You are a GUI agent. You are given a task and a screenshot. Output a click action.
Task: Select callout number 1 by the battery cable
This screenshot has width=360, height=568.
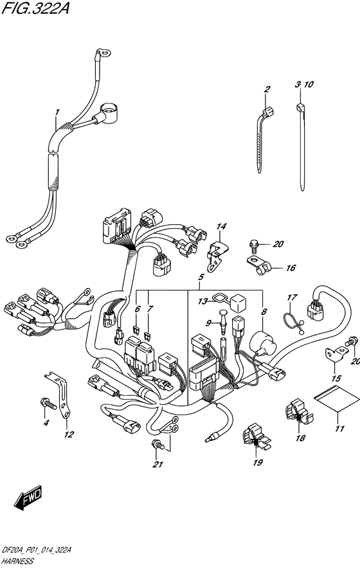pos(57,112)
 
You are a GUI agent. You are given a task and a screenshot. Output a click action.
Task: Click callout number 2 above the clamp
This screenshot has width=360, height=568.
pos(267,89)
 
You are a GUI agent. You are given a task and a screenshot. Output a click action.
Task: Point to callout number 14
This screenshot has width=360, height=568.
pos(221,227)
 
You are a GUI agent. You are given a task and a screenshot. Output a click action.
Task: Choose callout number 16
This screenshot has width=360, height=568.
pos(291,268)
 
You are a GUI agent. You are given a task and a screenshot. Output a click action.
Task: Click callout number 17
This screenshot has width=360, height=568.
pos(292,297)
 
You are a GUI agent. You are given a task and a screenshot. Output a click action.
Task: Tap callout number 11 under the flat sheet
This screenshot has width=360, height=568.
pos(339,429)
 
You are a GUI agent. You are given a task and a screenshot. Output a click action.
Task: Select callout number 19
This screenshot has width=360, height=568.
pos(258,462)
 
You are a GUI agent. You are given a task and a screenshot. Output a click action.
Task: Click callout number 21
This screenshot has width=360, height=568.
pos(157,465)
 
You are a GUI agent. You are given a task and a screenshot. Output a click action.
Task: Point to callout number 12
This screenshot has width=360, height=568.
pos(69,434)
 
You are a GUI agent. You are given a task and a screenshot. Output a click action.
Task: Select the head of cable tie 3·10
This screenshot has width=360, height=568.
pos(300,107)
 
